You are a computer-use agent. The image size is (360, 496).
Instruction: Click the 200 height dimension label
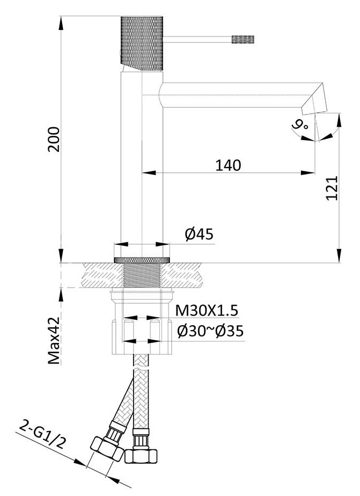click(x=54, y=140)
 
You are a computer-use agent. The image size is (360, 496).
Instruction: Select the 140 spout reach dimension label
click(x=228, y=165)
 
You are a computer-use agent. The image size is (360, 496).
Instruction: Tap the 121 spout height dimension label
click(x=332, y=188)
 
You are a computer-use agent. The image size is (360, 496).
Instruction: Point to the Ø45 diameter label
click(x=199, y=235)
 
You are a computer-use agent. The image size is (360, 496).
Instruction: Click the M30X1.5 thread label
click(x=207, y=311)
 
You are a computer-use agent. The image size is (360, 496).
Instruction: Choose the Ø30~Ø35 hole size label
click(x=210, y=331)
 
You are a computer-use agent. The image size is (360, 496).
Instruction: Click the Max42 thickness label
click(x=54, y=340)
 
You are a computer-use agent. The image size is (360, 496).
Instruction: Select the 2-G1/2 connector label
click(x=42, y=434)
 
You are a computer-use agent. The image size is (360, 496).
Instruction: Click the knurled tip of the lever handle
click(x=243, y=39)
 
